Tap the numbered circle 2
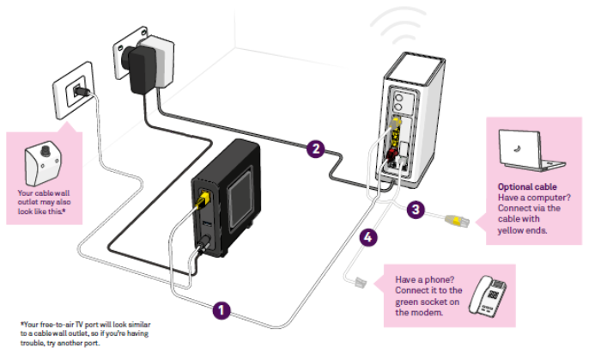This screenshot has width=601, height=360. [316, 149]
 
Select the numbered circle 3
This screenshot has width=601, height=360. [416, 209]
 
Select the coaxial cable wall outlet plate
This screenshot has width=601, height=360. [75, 89]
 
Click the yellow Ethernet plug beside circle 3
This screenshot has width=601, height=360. [457, 222]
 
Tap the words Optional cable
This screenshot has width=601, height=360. [526, 186]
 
